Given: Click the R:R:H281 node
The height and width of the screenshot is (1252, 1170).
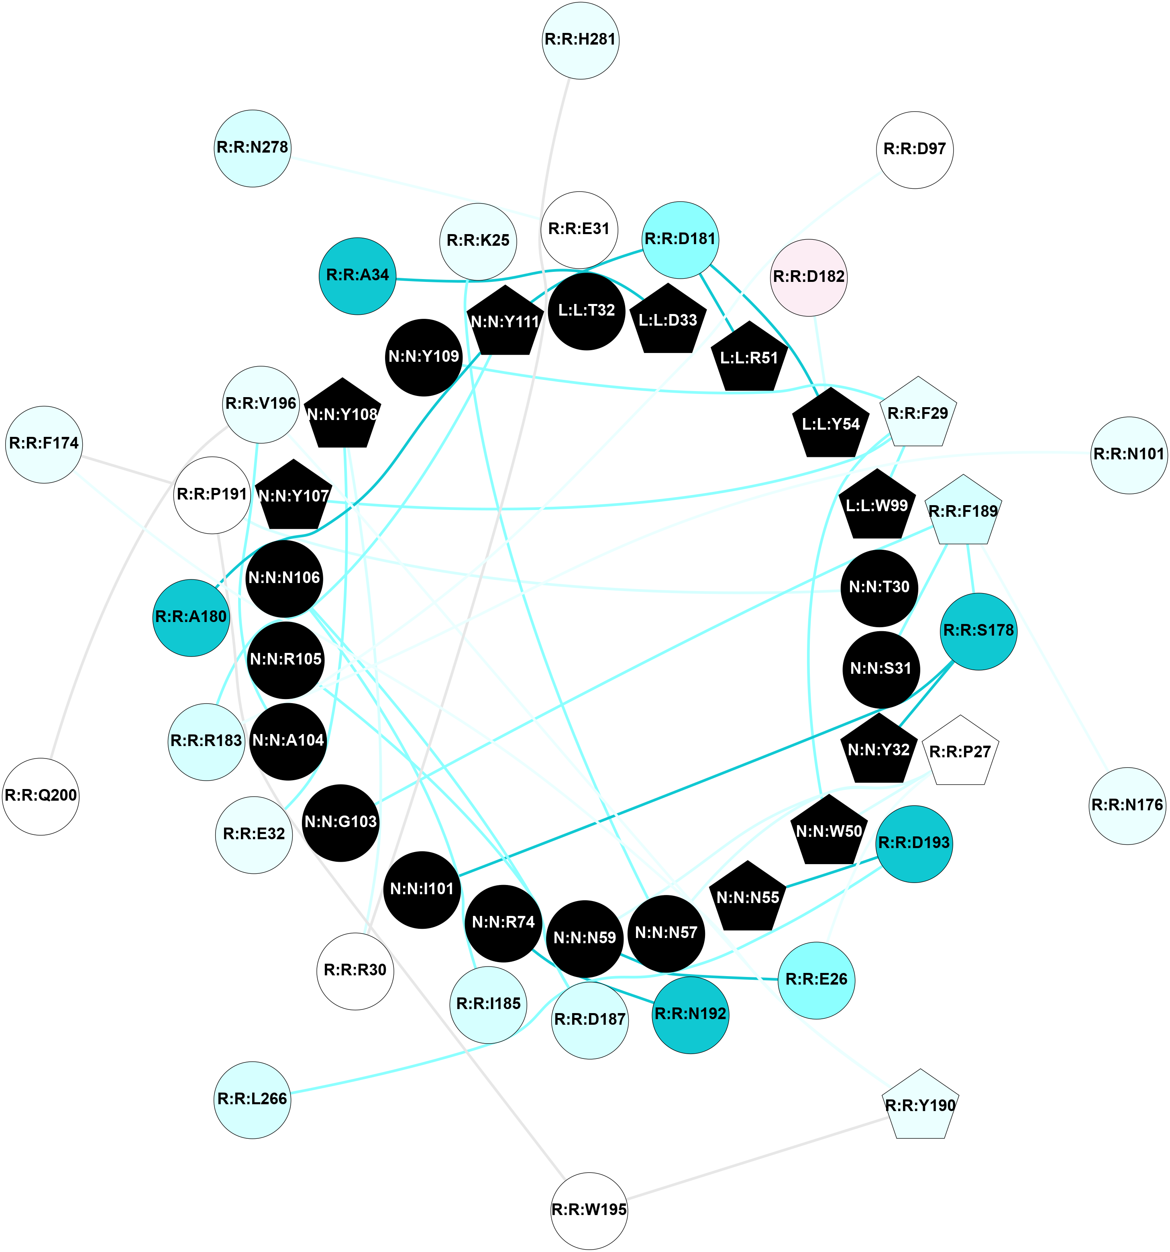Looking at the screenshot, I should click(580, 40).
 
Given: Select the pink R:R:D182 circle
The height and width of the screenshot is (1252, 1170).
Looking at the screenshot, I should click(809, 277).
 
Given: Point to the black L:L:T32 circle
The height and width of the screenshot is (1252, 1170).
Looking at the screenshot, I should click(586, 310).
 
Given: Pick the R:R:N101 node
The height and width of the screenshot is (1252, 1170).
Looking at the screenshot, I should click(1128, 455).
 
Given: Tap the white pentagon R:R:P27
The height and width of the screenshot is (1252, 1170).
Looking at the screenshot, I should click(960, 752).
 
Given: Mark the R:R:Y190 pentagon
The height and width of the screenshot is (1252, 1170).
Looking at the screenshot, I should click(920, 1106).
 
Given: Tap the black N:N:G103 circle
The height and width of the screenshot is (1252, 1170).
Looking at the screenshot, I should click(340, 822).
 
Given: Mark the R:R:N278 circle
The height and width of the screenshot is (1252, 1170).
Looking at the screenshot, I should click(253, 148).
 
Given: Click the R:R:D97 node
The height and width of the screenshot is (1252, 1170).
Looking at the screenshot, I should click(914, 150).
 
